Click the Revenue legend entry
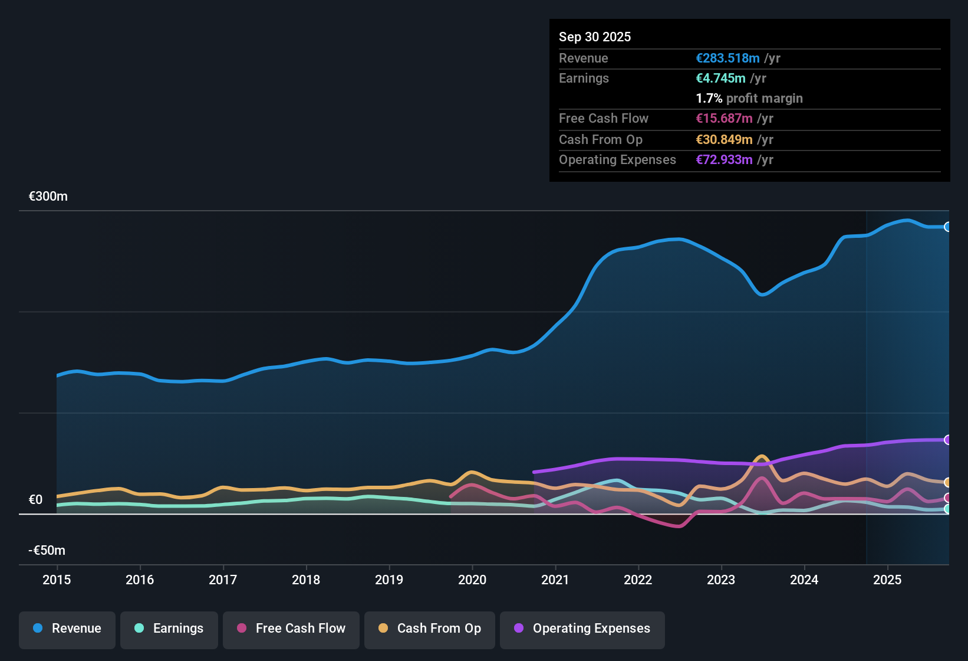67,629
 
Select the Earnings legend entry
169,629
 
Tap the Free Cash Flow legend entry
291,629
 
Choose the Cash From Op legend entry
430,629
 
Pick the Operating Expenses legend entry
582,629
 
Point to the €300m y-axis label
48,197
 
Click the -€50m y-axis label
47,551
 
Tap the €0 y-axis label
36,500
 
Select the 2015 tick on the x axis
57,580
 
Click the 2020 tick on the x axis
472,580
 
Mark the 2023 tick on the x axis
721,580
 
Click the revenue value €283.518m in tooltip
727,58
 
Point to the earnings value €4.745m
720,78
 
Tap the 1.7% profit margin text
749,99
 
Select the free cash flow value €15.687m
724,119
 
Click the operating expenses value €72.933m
724,160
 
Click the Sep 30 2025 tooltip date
595,37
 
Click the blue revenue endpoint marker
947,227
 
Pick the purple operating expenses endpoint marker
947,440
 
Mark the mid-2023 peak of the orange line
762,456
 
